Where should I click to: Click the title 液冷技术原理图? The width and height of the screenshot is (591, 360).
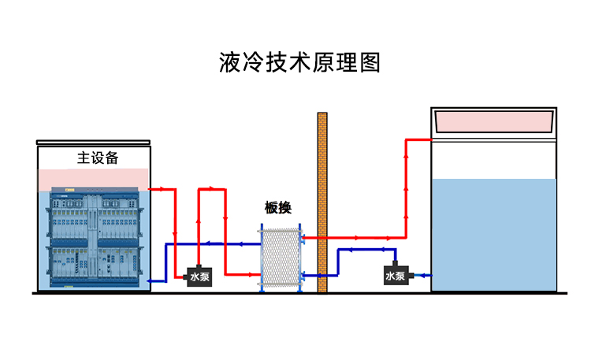(x=299, y=63)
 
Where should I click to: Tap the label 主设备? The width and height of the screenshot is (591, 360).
(x=98, y=158)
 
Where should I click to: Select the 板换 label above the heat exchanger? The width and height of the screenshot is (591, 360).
(x=278, y=208)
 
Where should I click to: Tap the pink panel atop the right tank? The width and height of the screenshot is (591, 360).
(x=495, y=121)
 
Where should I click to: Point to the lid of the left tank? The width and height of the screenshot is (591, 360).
(x=93, y=143)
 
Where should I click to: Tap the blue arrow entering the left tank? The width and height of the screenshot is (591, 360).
(x=154, y=279)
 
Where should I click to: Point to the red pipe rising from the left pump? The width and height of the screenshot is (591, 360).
(x=198, y=228)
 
